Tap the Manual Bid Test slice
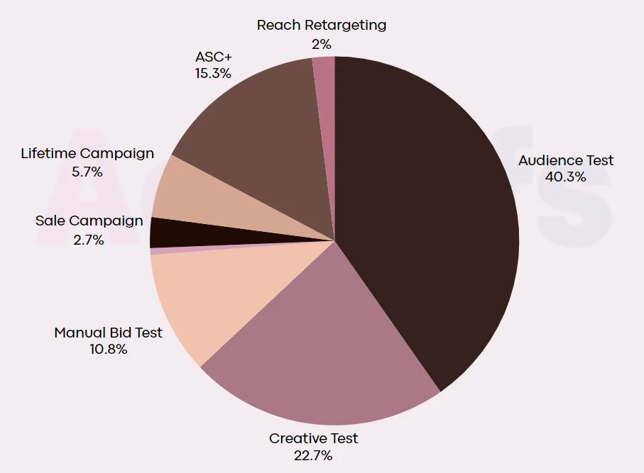coord(206,298)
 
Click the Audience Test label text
coord(566,160)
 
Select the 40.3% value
coord(566,177)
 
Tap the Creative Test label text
coord(313,438)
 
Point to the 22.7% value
coord(313,455)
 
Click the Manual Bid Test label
coord(108,333)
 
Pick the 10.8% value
coord(108,349)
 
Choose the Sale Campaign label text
coord(89,221)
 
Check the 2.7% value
coord(89,240)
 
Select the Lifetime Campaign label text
coord(87,153)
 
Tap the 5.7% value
coord(87,172)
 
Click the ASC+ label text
coord(213,57)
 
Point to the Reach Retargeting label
coord(322,26)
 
